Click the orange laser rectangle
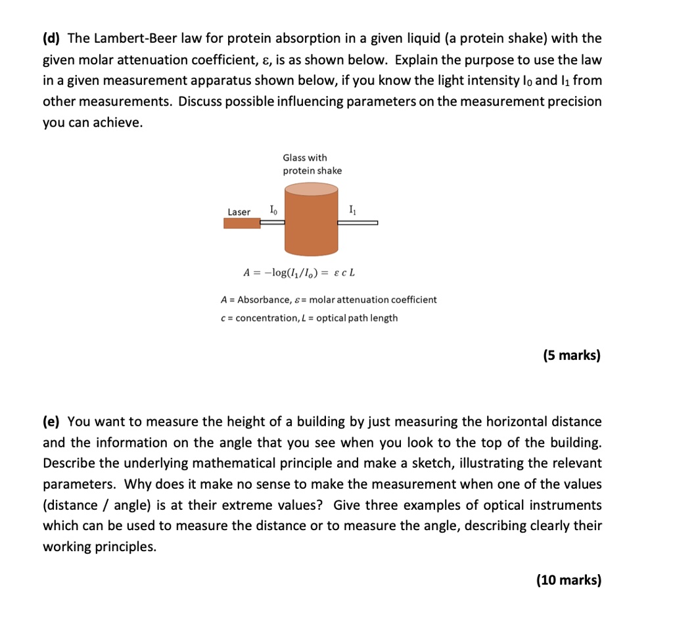coord(242,223)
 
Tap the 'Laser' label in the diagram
coord(239,212)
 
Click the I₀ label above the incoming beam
coord(273,210)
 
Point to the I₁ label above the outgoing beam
coord(352,210)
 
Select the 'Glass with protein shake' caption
coord(312,164)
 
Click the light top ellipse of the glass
coord(311,189)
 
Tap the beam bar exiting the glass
coord(358,223)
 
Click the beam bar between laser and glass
coord(272,223)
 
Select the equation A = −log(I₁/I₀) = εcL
coord(299,272)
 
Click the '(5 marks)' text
coord(571,355)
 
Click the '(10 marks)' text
coord(569,580)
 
